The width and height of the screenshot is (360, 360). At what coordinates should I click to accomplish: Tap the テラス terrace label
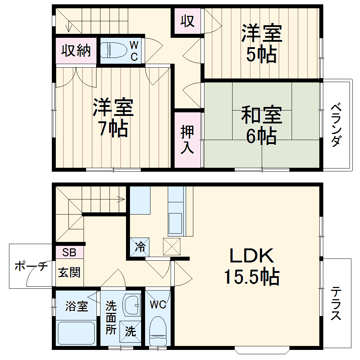tap(336, 303)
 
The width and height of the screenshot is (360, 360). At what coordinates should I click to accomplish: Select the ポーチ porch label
tap(31, 267)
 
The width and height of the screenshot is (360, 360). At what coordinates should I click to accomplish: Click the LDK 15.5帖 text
tap(252, 266)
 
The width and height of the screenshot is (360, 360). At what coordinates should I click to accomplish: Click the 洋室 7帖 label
tap(113, 118)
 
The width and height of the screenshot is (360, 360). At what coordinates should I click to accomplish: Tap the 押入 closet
tap(187, 140)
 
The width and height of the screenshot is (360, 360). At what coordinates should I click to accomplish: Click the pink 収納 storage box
tap(76, 51)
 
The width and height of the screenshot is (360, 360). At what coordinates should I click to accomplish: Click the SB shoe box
tap(69, 252)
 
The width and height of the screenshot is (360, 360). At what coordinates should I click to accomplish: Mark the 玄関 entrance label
tap(69, 273)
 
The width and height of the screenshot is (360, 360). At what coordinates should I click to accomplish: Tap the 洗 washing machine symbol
tap(130, 331)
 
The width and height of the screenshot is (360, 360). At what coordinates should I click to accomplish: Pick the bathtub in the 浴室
tap(76, 333)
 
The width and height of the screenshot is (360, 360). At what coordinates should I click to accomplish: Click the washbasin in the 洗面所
tap(132, 305)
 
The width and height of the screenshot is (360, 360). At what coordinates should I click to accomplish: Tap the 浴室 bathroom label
tap(77, 307)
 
